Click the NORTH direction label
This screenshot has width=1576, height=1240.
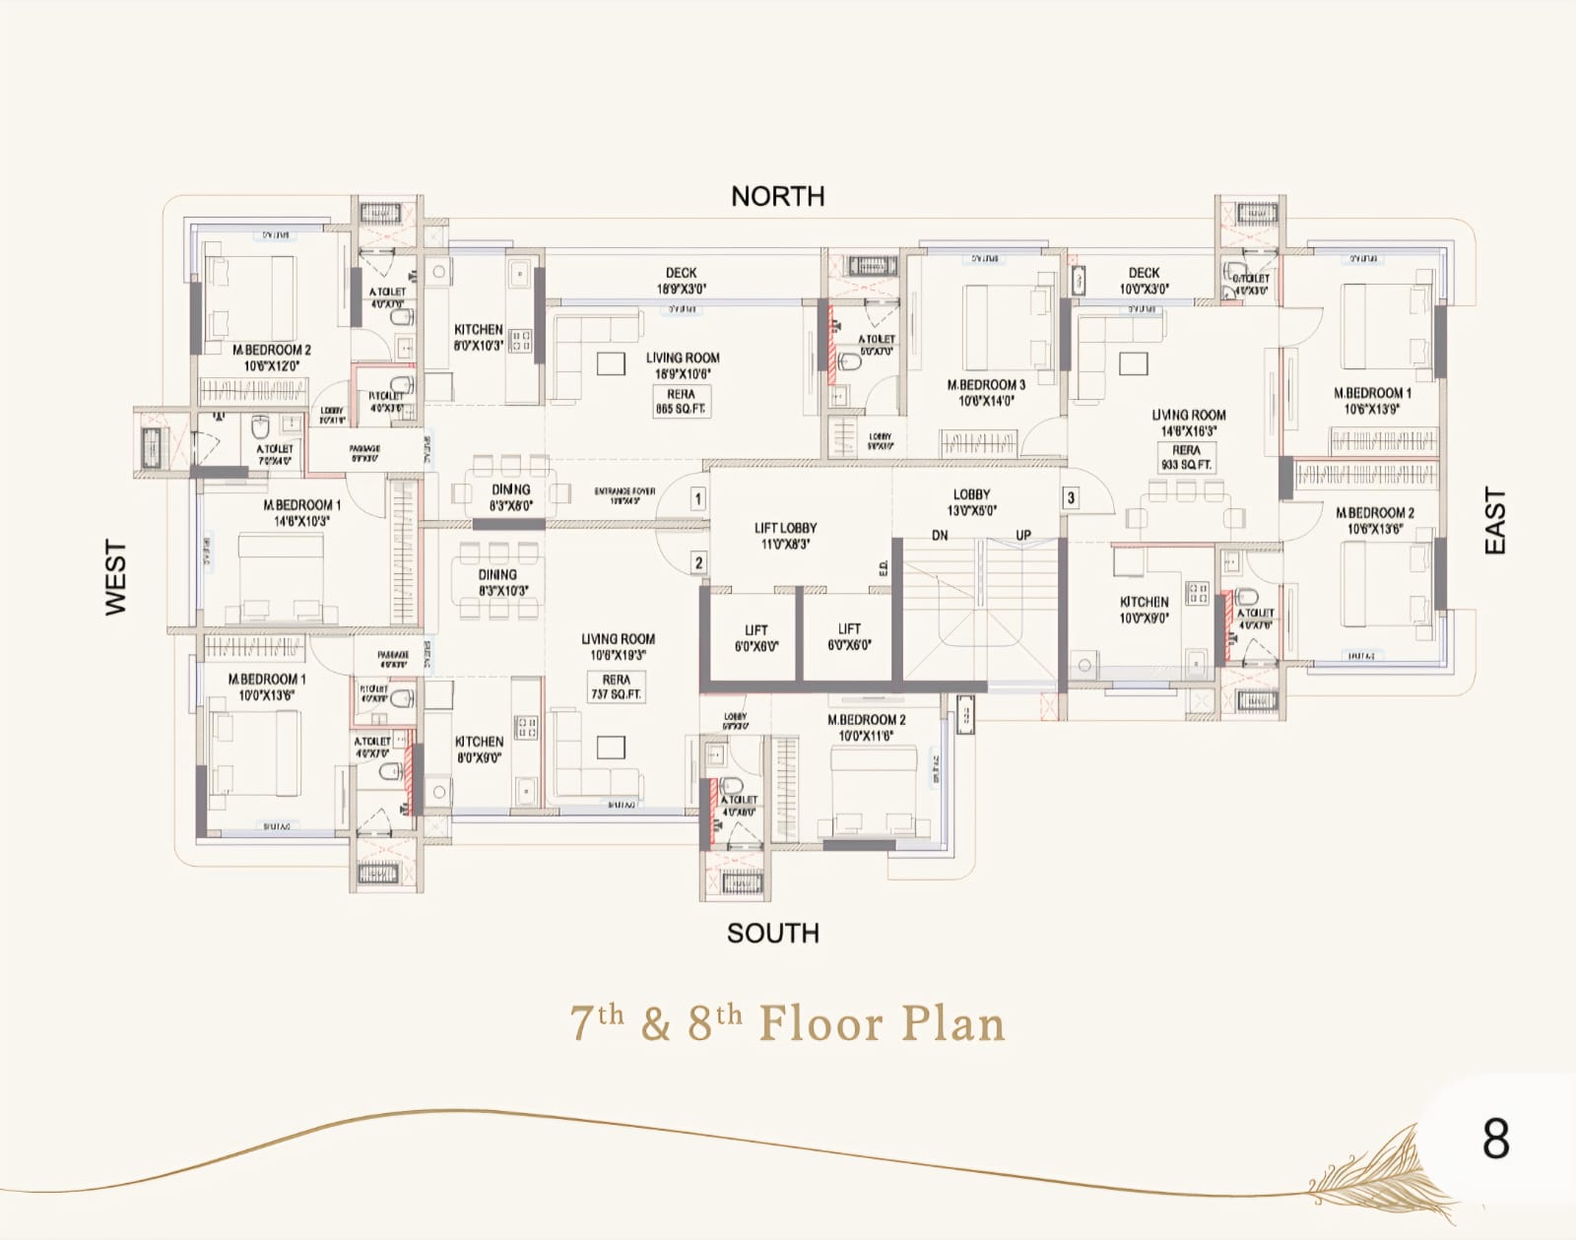coord(777,196)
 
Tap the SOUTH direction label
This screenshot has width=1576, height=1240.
coord(772,933)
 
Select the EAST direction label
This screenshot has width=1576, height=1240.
coord(1494,521)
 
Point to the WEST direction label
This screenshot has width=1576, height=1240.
coord(116,578)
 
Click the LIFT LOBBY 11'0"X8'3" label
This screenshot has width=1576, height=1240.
coord(784,535)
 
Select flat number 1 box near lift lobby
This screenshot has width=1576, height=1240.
coord(697,498)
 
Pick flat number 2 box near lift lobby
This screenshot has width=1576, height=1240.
coord(697,562)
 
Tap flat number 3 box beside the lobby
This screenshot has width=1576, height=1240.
coord(1071,497)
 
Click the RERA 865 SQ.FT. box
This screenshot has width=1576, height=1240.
coord(681,401)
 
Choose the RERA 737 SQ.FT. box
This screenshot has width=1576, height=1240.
coord(616,686)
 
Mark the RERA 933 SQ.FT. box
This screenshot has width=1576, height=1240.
coord(1186,457)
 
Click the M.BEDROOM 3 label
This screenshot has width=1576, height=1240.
coord(986,392)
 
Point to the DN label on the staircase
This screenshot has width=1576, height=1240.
coord(940,535)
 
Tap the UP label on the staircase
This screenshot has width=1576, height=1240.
coord(1023,535)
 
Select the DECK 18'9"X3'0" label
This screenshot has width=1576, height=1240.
coord(681,280)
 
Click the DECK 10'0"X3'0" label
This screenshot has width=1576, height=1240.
coord(1144,280)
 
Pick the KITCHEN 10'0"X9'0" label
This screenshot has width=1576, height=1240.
coord(1144,610)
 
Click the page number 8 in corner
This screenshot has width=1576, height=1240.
coord(1495,1139)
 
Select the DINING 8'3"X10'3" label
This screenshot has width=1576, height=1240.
coord(497,582)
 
